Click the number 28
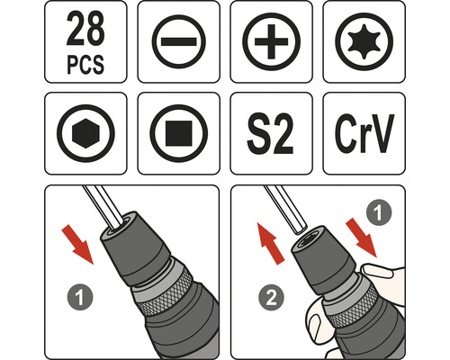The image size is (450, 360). tap(85, 29)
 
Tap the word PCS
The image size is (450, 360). tap(85, 64)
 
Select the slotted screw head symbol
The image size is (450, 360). tap(179, 41)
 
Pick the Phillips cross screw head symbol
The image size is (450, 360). tap(271, 41)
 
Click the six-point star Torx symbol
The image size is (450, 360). tap(364, 41)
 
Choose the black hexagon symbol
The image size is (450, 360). tap(85, 133)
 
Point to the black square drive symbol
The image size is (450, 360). tap(179, 133)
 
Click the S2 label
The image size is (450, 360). tap(270, 134)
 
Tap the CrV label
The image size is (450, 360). tap(364, 134)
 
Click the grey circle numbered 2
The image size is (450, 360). tap(271, 298)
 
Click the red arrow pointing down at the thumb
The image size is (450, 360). tap(362, 238)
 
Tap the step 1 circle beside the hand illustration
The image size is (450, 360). tap(379, 212)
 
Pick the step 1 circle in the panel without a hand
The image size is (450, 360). tap(80, 297)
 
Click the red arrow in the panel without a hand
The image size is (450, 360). tap(77, 245)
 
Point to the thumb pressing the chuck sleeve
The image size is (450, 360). tap(378, 270)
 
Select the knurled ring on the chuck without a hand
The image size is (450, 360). tap(166, 292)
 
